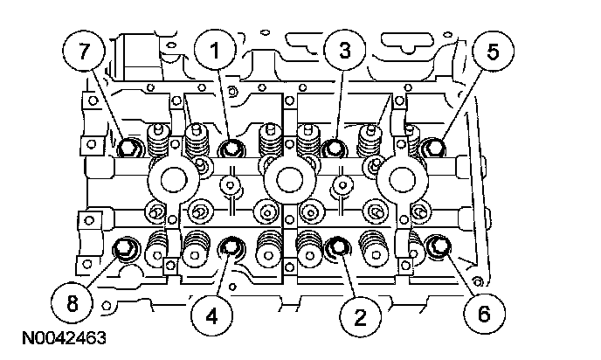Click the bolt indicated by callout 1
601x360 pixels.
pyautogui.click(x=231, y=149)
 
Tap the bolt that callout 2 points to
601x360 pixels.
pyautogui.click(x=337, y=251)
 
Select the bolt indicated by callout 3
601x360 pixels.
pyautogui.click(x=333, y=149)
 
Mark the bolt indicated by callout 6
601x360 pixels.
pyautogui.click(x=439, y=251)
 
